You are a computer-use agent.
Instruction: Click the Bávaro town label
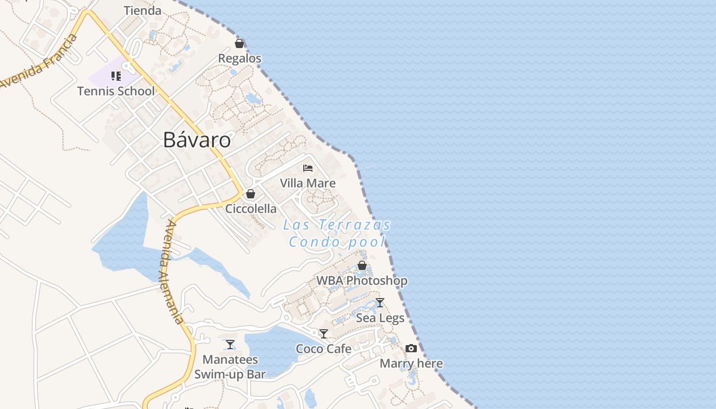click(x=197, y=140)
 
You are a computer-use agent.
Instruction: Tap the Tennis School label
click(x=116, y=92)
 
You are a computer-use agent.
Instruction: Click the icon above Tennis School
click(x=116, y=76)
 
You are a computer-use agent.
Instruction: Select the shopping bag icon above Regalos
click(x=239, y=43)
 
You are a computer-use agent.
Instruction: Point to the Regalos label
click(x=239, y=59)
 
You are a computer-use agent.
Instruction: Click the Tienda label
click(x=143, y=11)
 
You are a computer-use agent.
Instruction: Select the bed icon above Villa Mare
click(x=308, y=168)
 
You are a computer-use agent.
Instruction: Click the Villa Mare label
click(x=308, y=183)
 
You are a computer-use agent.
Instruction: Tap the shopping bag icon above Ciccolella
click(x=251, y=194)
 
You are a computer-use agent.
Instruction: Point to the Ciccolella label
click(x=251, y=209)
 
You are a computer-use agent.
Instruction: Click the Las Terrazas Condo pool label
click(x=337, y=233)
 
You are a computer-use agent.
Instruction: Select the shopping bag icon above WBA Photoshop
click(x=362, y=265)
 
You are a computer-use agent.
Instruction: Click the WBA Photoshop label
click(x=362, y=281)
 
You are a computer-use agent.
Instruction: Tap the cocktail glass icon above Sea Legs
click(x=379, y=303)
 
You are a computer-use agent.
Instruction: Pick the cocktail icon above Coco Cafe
click(x=324, y=334)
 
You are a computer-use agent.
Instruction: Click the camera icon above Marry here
click(x=411, y=349)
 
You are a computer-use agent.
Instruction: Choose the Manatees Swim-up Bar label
click(x=230, y=367)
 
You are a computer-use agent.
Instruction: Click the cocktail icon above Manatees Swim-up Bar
click(x=230, y=345)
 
